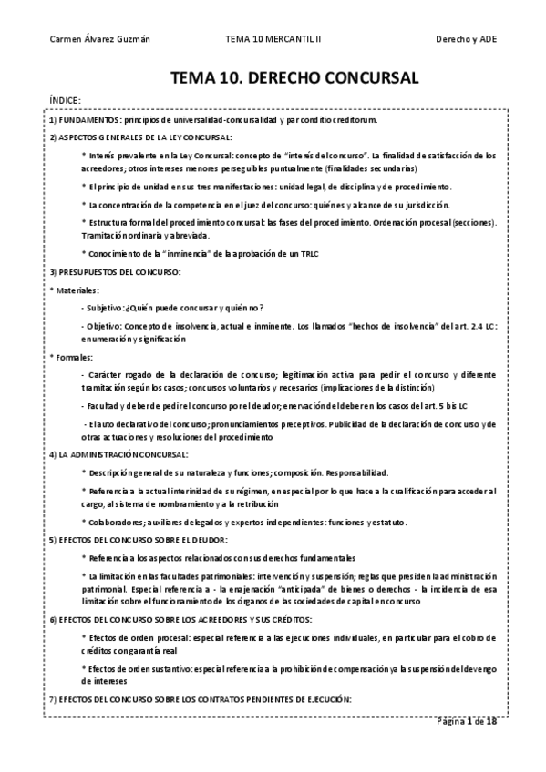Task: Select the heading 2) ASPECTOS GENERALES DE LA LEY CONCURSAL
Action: click(x=140, y=137)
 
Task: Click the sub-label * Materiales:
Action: click(x=76, y=289)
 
